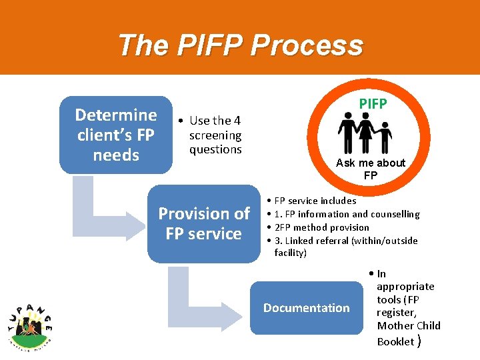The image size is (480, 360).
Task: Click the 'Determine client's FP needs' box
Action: coord(116,135)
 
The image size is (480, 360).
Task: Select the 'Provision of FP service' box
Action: coord(203,223)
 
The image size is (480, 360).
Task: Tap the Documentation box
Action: coord(306,307)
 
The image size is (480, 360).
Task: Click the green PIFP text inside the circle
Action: coord(373,104)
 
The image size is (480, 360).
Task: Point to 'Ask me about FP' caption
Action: coord(371,169)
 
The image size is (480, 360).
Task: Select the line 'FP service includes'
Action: coord(315,201)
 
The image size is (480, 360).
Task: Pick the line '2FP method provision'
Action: coord(321,227)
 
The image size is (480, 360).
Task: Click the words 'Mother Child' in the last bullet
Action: coord(409,326)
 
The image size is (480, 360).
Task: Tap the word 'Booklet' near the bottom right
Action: coord(395,341)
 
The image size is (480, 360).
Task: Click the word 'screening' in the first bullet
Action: coord(215,135)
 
